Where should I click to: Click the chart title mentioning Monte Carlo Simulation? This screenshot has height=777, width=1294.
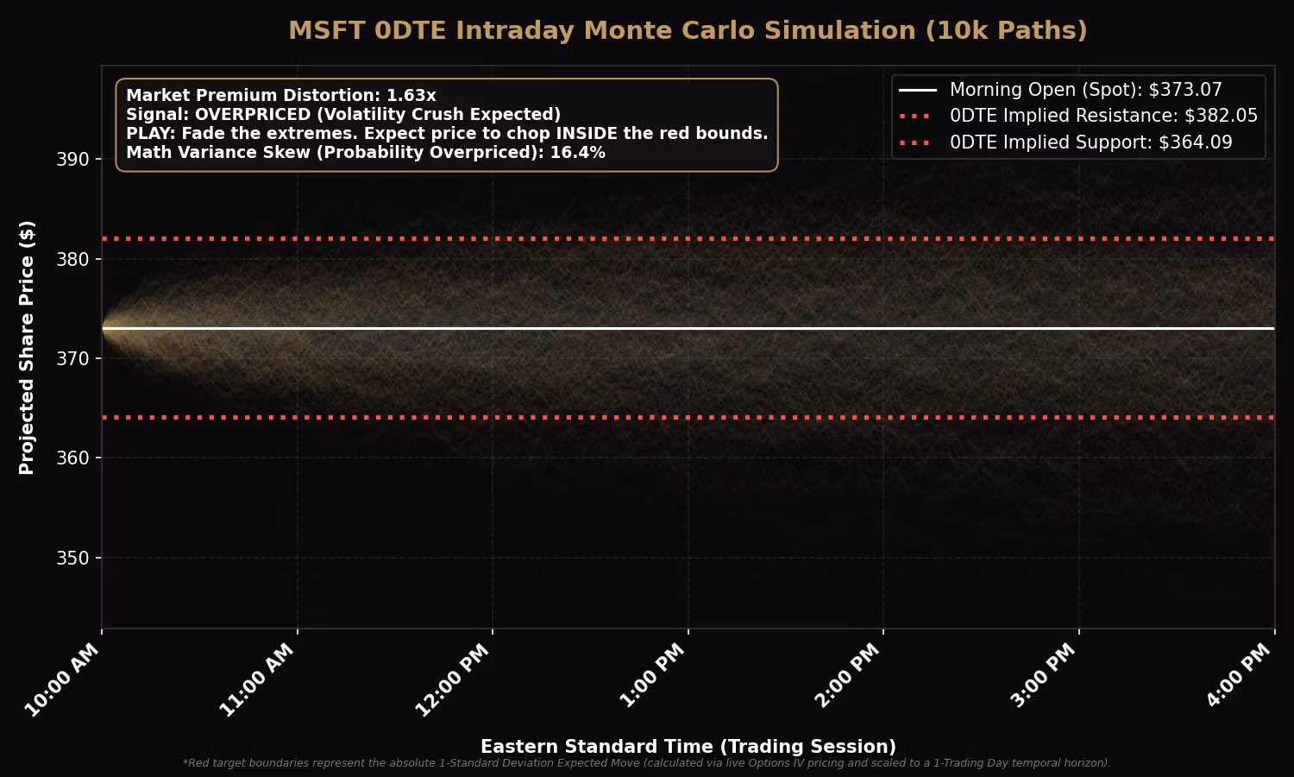click(688, 30)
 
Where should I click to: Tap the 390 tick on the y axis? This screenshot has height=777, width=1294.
click(73, 160)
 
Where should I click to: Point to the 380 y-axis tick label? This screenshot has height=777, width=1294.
click(73, 259)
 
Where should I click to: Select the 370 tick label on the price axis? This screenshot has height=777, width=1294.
click(73, 358)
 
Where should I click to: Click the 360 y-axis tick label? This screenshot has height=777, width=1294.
click(73, 458)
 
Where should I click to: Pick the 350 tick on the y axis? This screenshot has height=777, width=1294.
click(73, 558)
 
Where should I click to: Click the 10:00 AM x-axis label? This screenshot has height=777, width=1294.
click(62, 680)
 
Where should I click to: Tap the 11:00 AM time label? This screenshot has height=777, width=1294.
click(257, 680)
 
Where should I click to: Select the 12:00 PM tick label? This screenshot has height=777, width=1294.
click(453, 680)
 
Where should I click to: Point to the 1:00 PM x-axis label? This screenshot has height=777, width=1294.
click(652, 677)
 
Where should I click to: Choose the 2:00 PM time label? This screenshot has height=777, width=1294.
click(847, 677)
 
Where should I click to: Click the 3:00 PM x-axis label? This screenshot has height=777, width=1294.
click(1043, 677)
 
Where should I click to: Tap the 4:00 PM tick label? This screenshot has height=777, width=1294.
click(1238, 677)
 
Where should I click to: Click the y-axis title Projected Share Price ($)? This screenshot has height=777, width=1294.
click(27, 347)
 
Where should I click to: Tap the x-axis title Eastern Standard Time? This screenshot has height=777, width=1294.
click(688, 747)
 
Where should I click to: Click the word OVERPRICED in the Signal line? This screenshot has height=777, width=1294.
click(252, 115)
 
